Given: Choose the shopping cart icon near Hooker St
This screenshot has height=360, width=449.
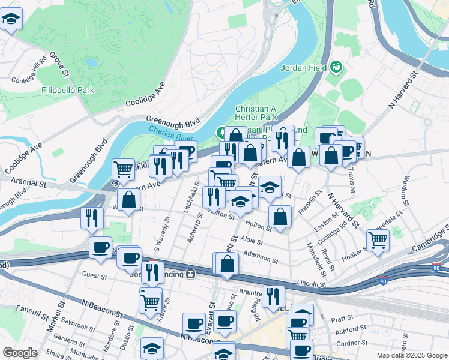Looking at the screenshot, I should [x=378, y=239].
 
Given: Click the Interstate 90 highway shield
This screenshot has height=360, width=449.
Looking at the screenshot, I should [x=383, y=280].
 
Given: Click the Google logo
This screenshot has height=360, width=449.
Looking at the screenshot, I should [x=20, y=353].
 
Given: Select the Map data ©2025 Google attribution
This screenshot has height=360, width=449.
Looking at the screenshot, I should [x=411, y=355].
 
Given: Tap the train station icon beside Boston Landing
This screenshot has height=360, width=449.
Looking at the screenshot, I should [x=190, y=274].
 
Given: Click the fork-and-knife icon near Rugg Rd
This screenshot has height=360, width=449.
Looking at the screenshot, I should [x=273, y=296].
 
